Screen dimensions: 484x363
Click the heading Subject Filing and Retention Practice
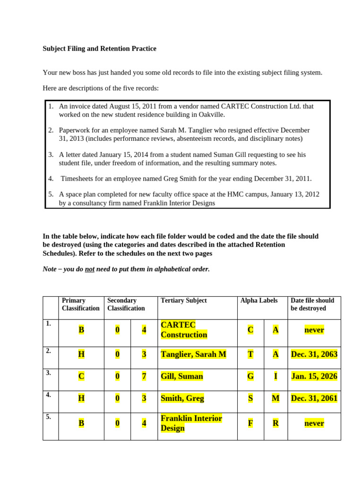pyautogui.click(x=99, y=49)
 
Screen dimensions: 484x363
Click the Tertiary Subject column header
pyautogui.click(x=183, y=301)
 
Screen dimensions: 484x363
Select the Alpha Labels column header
pyautogui.click(x=259, y=301)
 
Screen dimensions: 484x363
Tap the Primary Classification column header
pyautogui.click(x=80, y=304)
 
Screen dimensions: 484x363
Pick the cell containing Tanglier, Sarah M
pyautogui.click(x=193, y=354)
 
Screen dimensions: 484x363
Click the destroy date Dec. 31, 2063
pyautogui.click(x=314, y=354)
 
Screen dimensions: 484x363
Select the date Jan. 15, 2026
pyautogui.click(x=314, y=376)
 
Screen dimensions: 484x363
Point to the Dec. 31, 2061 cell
pyautogui.click(x=314, y=398)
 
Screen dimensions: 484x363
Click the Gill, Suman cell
pyautogui.click(x=182, y=376)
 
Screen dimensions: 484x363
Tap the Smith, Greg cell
pyautogui.click(x=182, y=398)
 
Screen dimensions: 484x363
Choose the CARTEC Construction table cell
pyautogui.click(x=184, y=330)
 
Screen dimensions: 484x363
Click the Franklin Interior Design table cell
pyautogui.click(x=191, y=423)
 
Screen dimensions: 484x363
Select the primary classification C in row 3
pyautogui.click(x=81, y=376)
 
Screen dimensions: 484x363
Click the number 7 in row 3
pyautogui.click(x=144, y=376)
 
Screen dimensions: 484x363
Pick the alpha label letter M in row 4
pyautogui.click(x=276, y=398)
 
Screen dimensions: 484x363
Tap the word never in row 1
pyautogui.click(x=314, y=330)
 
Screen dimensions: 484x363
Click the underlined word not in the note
pyautogui.click(x=90, y=269)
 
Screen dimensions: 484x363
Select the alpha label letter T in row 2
pyautogui.click(x=251, y=354)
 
